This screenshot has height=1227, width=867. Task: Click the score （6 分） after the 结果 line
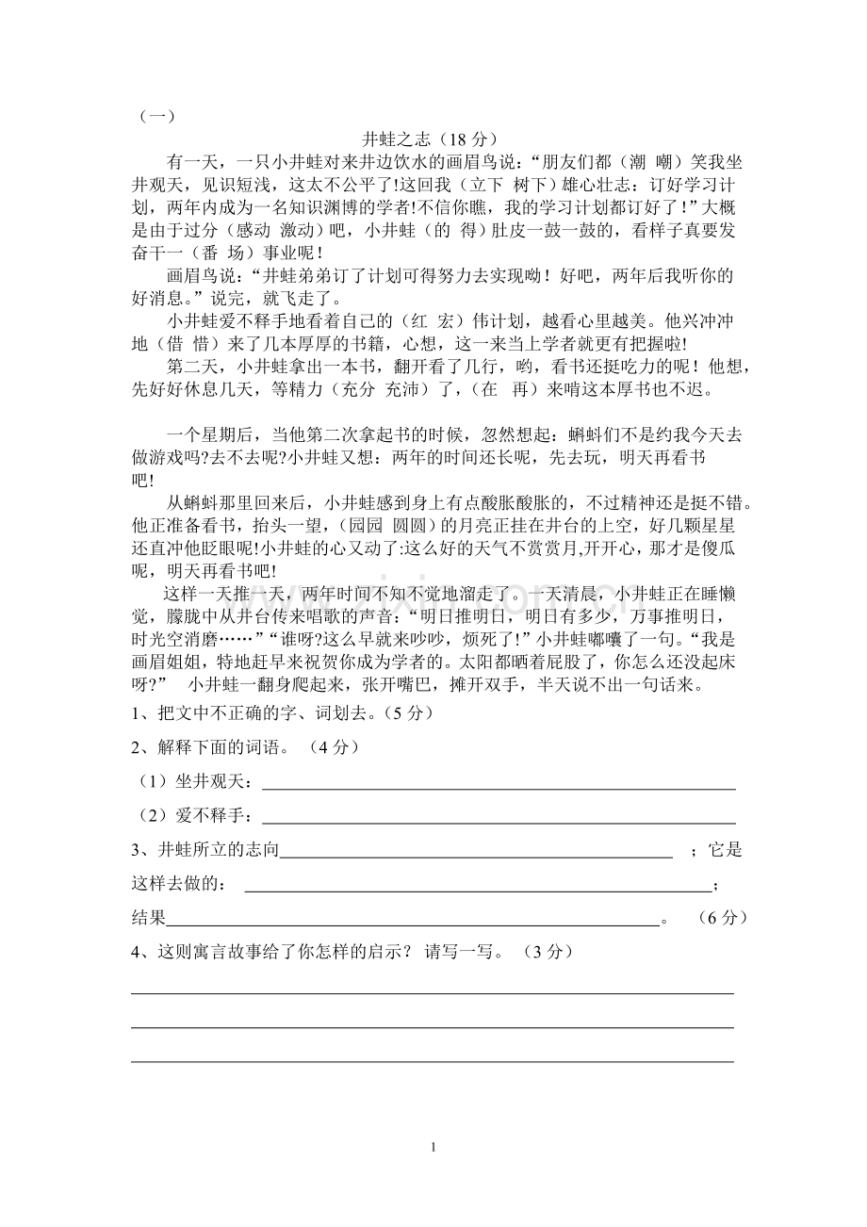(723, 917)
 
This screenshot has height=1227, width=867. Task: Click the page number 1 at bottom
(433, 1148)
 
